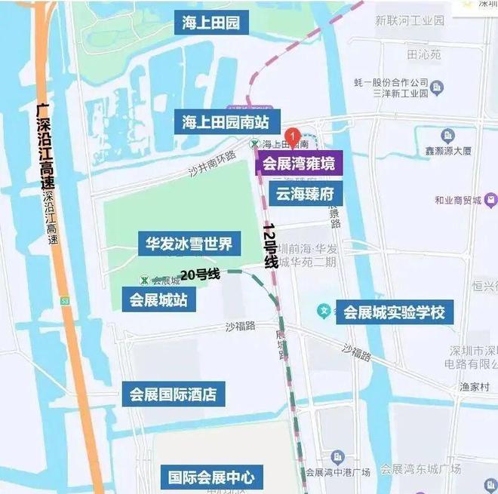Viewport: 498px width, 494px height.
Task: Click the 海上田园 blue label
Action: pos(211,23)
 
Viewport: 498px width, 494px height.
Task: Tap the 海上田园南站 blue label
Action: pos(231,122)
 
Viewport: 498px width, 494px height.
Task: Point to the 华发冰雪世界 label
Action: pos(189,244)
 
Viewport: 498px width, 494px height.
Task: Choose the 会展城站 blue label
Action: pos(158,299)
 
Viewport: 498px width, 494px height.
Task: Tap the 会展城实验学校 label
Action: pos(395,312)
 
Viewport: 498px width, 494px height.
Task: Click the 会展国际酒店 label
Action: pos(173,394)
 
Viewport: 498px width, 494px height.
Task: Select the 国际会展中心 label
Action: pos(211,477)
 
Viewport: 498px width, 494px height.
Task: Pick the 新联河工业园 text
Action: pos(410,20)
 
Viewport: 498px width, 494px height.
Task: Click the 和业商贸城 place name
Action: pos(458,200)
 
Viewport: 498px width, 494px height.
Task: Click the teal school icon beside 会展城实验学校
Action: pos(324,310)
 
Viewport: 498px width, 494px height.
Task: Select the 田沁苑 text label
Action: pos(423,54)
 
